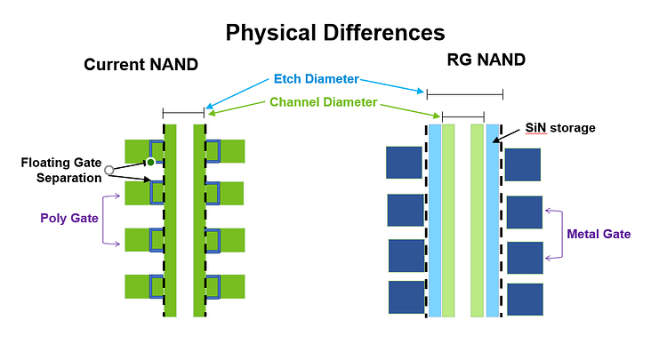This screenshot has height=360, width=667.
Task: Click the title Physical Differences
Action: tap(334, 33)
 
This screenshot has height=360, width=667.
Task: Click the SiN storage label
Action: tap(559, 128)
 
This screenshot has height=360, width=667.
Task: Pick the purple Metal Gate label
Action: tap(599, 234)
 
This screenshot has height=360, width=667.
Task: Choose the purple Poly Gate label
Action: tap(68, 216)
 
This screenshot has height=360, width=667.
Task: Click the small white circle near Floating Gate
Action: tap(108, 169)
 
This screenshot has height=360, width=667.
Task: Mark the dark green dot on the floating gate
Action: tap(150, 162)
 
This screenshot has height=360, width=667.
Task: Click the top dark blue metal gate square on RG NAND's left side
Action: tap(404, 163)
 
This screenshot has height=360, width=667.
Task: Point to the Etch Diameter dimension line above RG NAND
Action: tap(464, 94)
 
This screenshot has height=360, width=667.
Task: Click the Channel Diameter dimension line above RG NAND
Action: tap(463, 116)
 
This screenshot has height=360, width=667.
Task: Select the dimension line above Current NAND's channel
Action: tap(184, 112)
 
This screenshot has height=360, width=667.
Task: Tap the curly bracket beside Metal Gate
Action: tap(554, 234)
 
